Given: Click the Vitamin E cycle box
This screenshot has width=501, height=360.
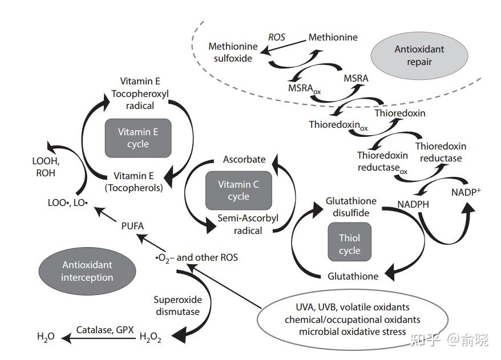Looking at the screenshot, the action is tap(138, 138).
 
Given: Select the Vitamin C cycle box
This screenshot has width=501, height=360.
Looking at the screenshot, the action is tap(239, 191).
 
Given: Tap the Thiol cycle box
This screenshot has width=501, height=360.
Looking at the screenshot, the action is tap(350, 242).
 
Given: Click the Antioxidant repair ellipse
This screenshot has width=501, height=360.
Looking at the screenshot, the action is tap(419, 55).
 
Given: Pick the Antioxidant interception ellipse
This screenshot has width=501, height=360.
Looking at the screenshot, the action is tap(87, 271).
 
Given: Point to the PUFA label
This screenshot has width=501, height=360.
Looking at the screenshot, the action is tap(132, 226).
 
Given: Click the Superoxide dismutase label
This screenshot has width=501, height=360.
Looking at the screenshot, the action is tap(177, 305).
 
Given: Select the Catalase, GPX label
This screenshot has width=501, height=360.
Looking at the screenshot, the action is tap(105, 330).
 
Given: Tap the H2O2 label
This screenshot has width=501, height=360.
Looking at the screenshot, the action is tap(150, 337).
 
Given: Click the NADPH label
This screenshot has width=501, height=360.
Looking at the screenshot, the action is tap(413, 204).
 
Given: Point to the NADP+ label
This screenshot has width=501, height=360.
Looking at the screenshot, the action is tap(466, 192).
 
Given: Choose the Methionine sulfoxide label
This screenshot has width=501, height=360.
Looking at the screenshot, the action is tap(233, 52).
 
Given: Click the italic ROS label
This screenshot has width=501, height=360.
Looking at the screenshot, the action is tap(276, 38).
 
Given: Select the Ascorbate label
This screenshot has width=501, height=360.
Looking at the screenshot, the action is tap(244, 159).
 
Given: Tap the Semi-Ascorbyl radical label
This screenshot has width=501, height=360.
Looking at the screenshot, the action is tap(248, 224).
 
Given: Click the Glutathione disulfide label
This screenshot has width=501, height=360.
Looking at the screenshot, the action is tap(351, 207).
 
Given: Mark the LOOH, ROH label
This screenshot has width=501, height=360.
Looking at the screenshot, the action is tap(46, 167).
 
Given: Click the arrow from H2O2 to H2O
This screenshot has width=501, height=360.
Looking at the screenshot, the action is tap(98, 338).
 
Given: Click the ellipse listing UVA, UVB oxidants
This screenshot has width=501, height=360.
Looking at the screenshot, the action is tap(353, 319).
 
